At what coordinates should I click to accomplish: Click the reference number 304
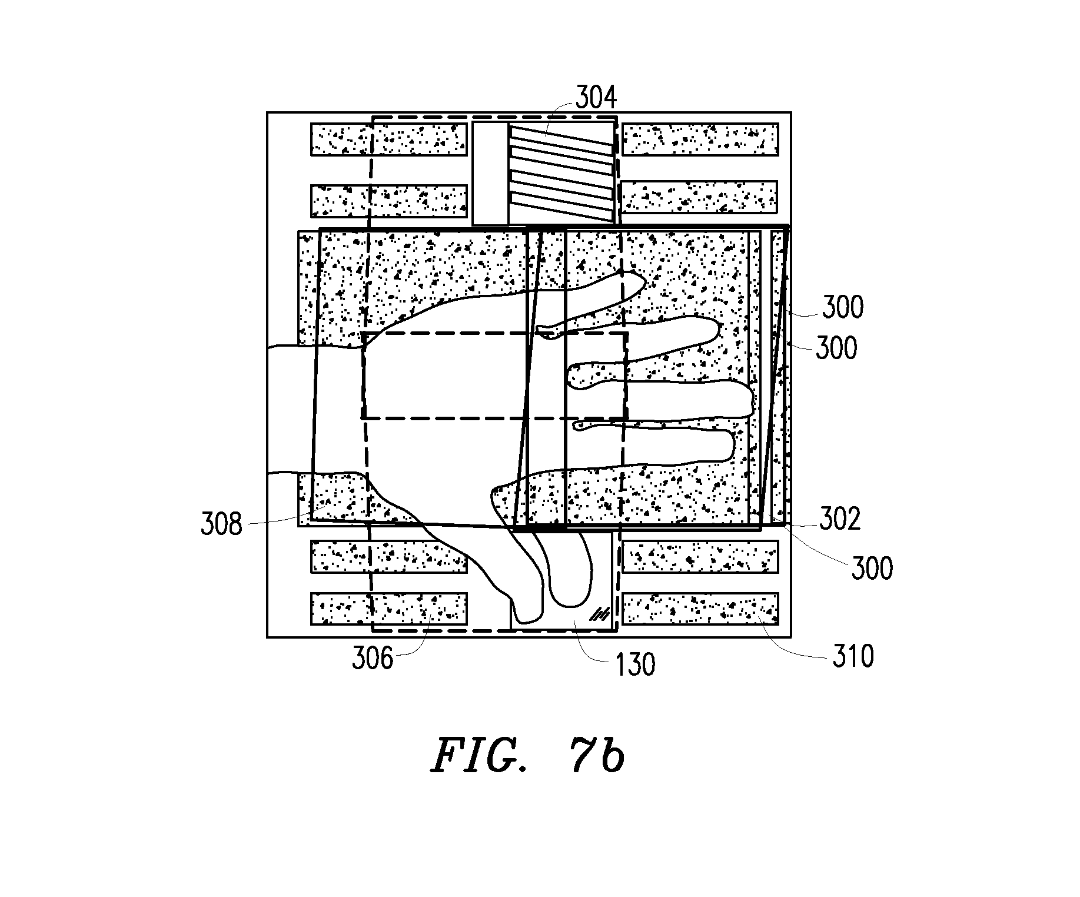[x=596, y=98]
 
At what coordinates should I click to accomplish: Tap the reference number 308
[x=221, y=523]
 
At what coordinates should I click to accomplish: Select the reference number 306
[x=372, y=658]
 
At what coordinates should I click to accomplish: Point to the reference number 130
[x=635, y=665]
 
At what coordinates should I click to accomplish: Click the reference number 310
[x=853, y=656]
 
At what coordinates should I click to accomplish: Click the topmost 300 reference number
[x=843, y=307]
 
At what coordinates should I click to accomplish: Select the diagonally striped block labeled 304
[x=562, y=174]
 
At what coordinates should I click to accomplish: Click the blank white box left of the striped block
[x=490, y=174]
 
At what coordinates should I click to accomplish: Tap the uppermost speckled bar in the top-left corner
[x=388, y=139]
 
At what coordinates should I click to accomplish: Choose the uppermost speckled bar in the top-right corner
[x=700, y=139]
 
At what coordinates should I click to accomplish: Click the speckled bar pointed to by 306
[x=388, y=609]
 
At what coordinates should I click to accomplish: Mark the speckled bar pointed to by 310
[x=700, y=609]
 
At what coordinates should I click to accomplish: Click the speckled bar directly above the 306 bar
[x=388, y=556]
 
